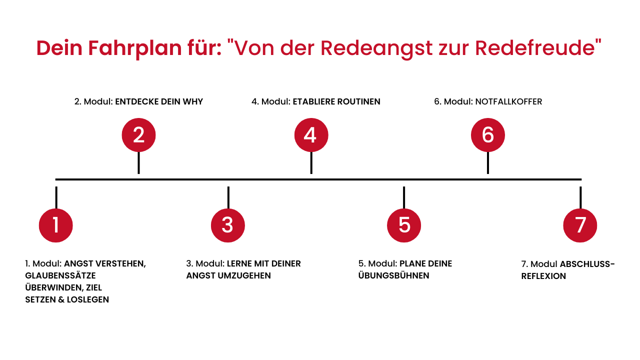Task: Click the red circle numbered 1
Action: tap(55, 225)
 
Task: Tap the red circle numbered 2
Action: tap(138, 135)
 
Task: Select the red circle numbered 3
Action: tap(227, 225)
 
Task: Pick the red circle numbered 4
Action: tap(311, 135)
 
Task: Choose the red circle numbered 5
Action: tap(403, 225)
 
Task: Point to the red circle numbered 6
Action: tap(487, 135)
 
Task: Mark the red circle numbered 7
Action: tap(580, 225)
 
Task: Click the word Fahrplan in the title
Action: tap(135, 48)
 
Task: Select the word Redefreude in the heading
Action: tap(535, 47)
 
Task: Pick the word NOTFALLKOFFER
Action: tap(508, 101)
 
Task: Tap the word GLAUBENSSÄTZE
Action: tap(60, 275)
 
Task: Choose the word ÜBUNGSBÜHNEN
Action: tap(393, 275)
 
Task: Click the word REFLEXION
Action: tap(543, 276)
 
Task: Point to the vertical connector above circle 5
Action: tap(403, 197)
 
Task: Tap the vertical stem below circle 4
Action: tap(311, 162)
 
